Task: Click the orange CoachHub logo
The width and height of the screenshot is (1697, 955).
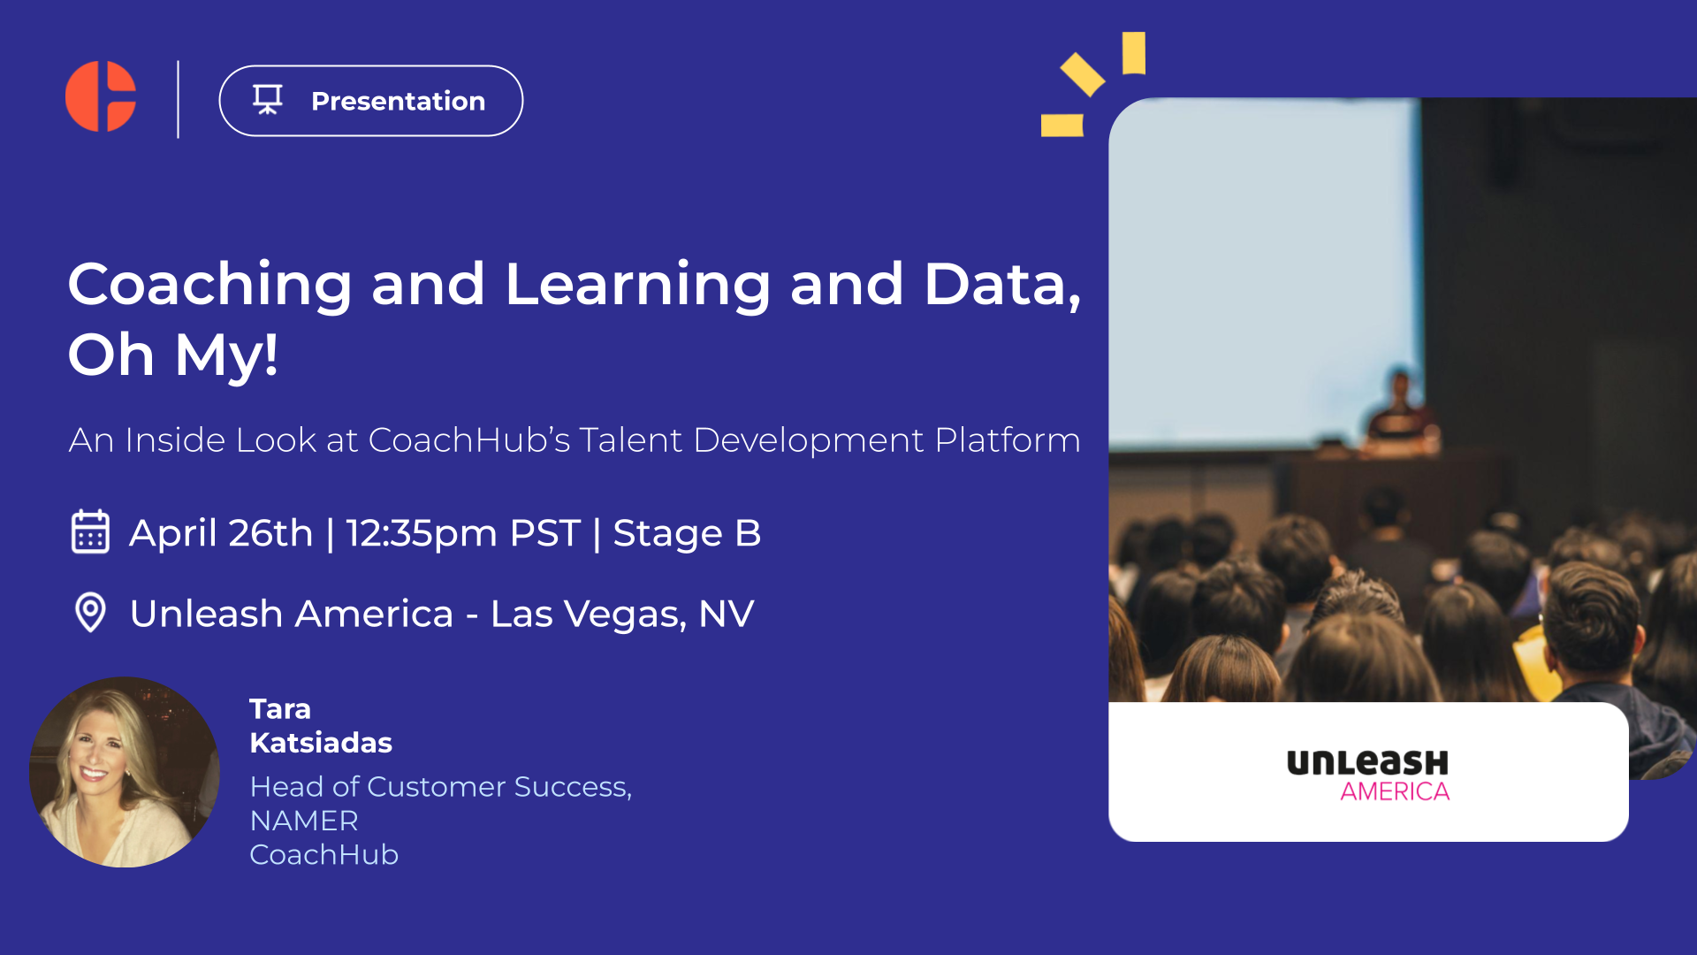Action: (x=101, y=96)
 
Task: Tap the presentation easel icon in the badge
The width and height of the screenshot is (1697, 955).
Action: (x=268, y=100)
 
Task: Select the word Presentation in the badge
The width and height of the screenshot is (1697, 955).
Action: (x=398, y=101)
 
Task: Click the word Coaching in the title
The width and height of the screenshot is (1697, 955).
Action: (x=210, y=285)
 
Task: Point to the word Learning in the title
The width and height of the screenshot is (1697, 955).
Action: (x=637, y=285)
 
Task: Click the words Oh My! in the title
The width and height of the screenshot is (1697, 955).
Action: (x=173, y=355)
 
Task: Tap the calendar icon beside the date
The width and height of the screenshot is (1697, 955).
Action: (x=90, y=531)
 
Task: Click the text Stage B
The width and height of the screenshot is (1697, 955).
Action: (x=687, y=533)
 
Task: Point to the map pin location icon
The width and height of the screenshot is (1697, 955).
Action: (x=90, y=612)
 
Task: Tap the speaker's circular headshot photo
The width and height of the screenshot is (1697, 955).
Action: (x=125, y=772)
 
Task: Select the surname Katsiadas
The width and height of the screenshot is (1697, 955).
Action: (x=321, y=743)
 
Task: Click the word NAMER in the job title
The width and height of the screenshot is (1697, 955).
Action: (x=304, y=821)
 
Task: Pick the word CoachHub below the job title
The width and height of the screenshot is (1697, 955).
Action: (x=324, y=855)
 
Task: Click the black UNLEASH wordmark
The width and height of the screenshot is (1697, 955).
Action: (x=1367, y=762)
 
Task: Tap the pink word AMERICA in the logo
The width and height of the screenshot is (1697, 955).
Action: (x=1395, y=791)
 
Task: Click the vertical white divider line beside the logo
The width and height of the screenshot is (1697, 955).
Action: (x=179, y=99)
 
